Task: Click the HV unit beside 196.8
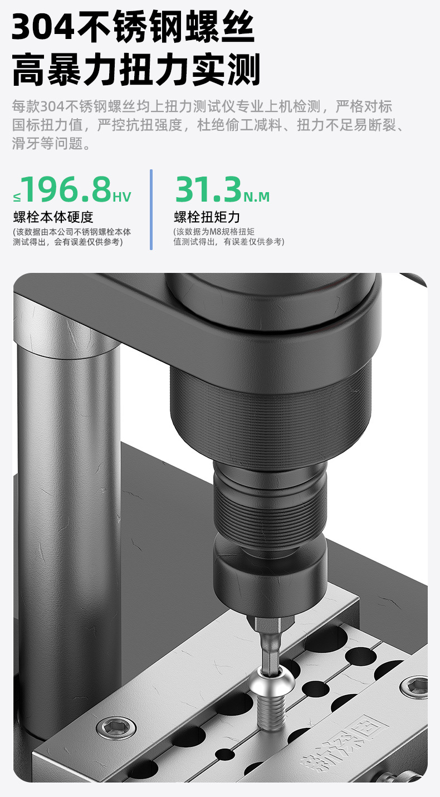[122, 197]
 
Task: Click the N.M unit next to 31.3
[256, 197]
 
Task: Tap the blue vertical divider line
[151, 209]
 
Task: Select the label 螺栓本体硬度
[53, 217]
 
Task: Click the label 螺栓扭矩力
[207, 217]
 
